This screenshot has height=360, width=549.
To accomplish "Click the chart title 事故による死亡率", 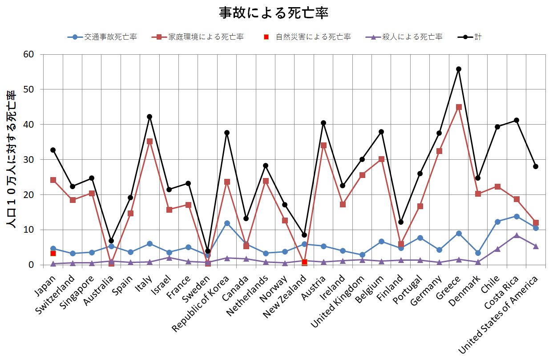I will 274,12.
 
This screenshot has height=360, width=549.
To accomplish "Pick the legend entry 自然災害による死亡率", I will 307,37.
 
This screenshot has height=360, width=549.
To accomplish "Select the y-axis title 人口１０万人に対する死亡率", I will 12,159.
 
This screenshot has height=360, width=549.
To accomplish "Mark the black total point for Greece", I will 459,69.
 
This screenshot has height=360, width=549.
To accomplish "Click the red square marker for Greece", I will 459,107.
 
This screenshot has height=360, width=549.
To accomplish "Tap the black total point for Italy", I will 149,117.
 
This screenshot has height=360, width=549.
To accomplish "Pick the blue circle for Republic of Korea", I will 227,223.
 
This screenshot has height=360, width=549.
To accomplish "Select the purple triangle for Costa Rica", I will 517,235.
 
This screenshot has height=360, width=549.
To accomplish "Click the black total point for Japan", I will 53,150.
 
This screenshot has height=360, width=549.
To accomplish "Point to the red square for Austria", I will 323,145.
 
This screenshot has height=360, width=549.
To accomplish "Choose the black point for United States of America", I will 536,166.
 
